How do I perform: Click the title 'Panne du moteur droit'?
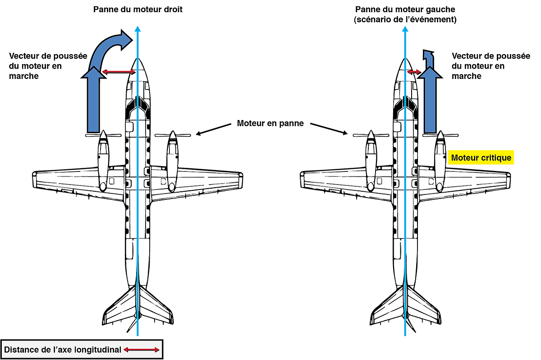(x=138, y=9)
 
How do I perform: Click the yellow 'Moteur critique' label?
(x=481, y=157)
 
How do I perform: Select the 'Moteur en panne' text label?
(x=270, y=123)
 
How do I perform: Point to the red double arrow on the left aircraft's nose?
(x=118, y=71)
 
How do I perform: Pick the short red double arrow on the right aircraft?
(x=413, y=71)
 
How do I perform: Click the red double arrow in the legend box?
(x=142, y=350)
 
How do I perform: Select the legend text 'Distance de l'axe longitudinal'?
(x=63, y=350)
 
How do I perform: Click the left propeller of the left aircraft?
(x=103, y=134)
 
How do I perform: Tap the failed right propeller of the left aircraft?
(x=172, y=134)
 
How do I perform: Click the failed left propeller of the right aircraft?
(x=370, y=134)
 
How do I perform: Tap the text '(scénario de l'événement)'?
(x=404, y=19)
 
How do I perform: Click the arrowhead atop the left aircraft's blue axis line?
(x=138, y=30)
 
